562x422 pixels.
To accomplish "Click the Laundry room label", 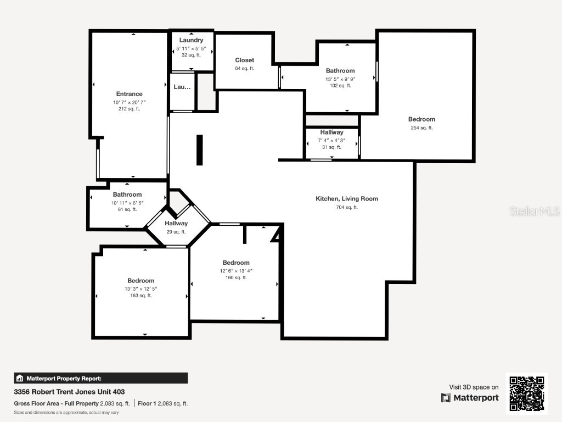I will [x=191, y=40].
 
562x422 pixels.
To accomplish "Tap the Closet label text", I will [x=245, y=60].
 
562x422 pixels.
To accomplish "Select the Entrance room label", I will [x=130, y=94].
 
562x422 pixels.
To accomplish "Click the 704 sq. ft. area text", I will [x=347, y=207].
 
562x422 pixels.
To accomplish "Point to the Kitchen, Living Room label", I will [x=347, y=199].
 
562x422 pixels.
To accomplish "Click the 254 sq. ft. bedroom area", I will [x=421, y=128].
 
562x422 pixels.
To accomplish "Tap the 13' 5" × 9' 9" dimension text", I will [x=340, y=79].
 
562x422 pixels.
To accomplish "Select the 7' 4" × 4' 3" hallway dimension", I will [x=331, y=140].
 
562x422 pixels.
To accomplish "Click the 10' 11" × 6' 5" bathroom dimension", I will [x=127, y=202].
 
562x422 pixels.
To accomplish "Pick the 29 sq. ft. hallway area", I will [x=176, y=232].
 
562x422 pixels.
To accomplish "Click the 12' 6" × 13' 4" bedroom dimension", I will [x=236, y=270].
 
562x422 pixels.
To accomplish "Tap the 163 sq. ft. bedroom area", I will [x=141, y=296].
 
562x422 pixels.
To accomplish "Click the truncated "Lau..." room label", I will [x=182, y=87].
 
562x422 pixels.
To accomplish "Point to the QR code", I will [x=526, y=393].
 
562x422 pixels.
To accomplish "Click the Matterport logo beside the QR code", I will [x=470, y=398].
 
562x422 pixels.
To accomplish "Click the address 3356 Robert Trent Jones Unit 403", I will [x=69, y=392].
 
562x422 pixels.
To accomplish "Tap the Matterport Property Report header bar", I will [x=101, y=378].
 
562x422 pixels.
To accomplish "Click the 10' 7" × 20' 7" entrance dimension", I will [x=130, y=102].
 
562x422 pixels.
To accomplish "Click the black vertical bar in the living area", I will [x=200, y=150].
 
